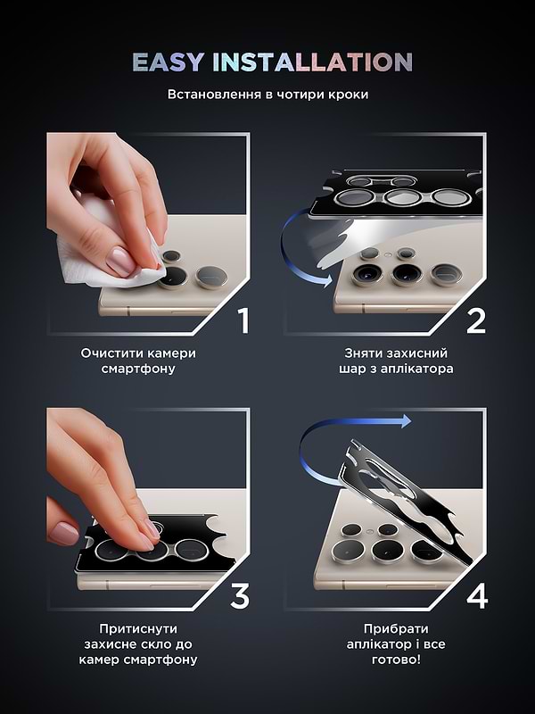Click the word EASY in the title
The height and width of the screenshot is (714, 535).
click(169, 62)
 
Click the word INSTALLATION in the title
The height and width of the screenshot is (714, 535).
click(313, 62)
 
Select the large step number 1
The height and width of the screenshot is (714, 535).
click(244, 320)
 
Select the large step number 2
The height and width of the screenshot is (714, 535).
click(476, 320)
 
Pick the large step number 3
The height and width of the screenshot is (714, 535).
click(240, 595)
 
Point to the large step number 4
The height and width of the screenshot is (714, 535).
click(477, 595)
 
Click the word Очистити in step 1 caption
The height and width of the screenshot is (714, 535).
click(110, 353)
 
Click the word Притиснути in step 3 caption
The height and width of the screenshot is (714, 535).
click(138, 629)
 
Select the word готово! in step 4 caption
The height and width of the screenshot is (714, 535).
click(396, 660)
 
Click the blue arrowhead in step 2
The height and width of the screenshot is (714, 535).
click(327, 280)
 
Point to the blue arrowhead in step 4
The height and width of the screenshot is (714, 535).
click(406, 421)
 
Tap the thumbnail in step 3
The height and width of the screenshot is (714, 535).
click(63, 533)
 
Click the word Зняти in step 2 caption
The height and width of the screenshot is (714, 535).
click(361, 353)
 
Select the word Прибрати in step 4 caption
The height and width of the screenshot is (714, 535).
click(396, 629)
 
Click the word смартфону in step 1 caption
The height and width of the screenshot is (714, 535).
click(138, 369)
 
